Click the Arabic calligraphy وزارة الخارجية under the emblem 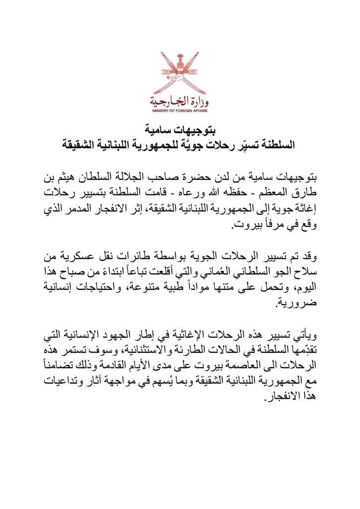coord(179,103)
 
